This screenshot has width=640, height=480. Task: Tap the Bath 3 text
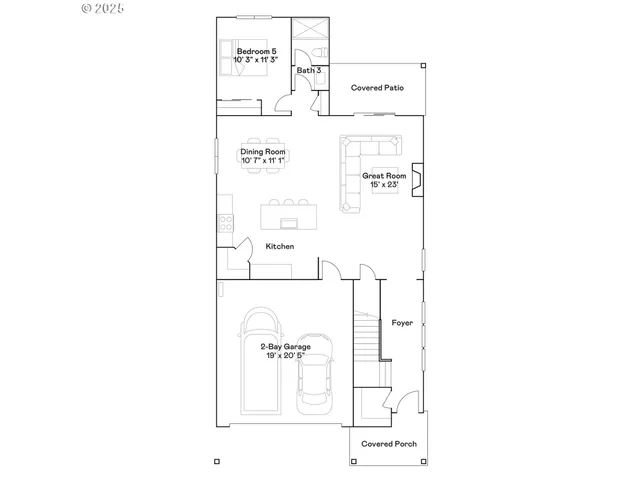[308, 71]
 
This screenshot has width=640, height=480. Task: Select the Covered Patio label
[377, 88]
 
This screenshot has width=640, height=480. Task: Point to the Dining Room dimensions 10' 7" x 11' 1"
[262, 161]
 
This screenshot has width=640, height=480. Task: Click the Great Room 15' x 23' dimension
[384, 185]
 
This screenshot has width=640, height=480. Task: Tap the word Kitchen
[279, 246]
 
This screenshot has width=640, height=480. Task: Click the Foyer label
[402, 323]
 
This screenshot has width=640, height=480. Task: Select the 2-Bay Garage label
[286, 347]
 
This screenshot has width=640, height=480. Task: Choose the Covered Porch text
[389, 444]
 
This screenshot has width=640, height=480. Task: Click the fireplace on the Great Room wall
[420, 178]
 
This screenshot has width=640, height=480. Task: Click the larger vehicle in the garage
[259, 360]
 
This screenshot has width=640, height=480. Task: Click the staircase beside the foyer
[370, 340]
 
